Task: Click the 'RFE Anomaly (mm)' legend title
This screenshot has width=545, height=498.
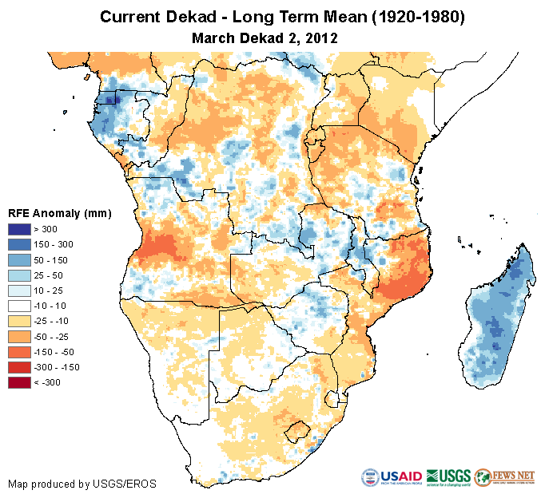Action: pos(59,213)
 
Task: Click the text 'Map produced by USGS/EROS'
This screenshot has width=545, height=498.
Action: pos(82,484)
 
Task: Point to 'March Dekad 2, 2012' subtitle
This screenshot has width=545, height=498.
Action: pos(265,37)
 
